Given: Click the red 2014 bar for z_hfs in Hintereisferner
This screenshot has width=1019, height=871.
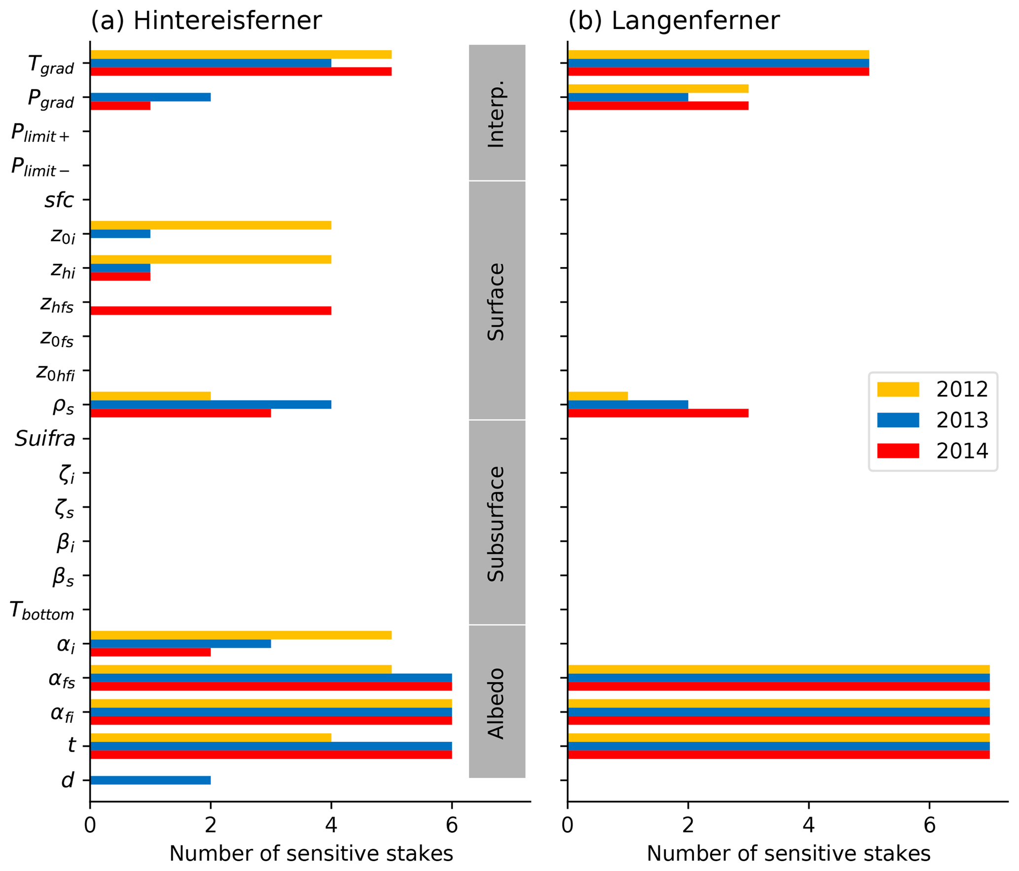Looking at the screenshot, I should click(x=211, y=311).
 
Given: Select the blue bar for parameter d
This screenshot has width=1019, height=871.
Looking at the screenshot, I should click(x=150, y=780).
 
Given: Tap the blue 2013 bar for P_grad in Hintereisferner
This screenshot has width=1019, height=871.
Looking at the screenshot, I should click(x=150, y=97).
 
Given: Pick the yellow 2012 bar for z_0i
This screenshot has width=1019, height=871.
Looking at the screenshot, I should click(x=211, y=225).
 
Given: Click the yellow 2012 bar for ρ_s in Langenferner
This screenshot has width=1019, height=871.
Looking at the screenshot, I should click(x=597, y=396).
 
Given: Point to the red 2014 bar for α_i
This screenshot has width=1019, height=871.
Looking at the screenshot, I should click(x=150, y=652).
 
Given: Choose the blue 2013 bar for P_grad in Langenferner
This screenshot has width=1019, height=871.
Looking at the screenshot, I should click(x=628, y=97).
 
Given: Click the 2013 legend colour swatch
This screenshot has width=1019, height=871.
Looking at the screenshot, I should click(x=898, y=420).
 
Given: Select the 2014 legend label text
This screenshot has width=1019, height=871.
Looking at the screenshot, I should click(x=962, y=451).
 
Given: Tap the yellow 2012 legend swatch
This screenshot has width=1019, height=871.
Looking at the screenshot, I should click(x=898, y=389).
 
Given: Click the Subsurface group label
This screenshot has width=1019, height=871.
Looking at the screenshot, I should click(x=496, y=523).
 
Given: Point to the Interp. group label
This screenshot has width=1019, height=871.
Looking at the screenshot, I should click(x=496, y=114).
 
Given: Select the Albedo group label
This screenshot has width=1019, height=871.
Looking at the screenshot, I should click(x=496, y=703).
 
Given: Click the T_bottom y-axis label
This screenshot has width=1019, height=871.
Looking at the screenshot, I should click(x=42, y=611).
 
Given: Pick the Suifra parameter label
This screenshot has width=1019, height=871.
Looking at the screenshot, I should click(x=45, y=439).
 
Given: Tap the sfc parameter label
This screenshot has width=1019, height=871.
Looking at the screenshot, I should click(x=59, y=200).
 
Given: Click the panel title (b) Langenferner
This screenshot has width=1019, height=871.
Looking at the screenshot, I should click(x=673, y=21).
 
